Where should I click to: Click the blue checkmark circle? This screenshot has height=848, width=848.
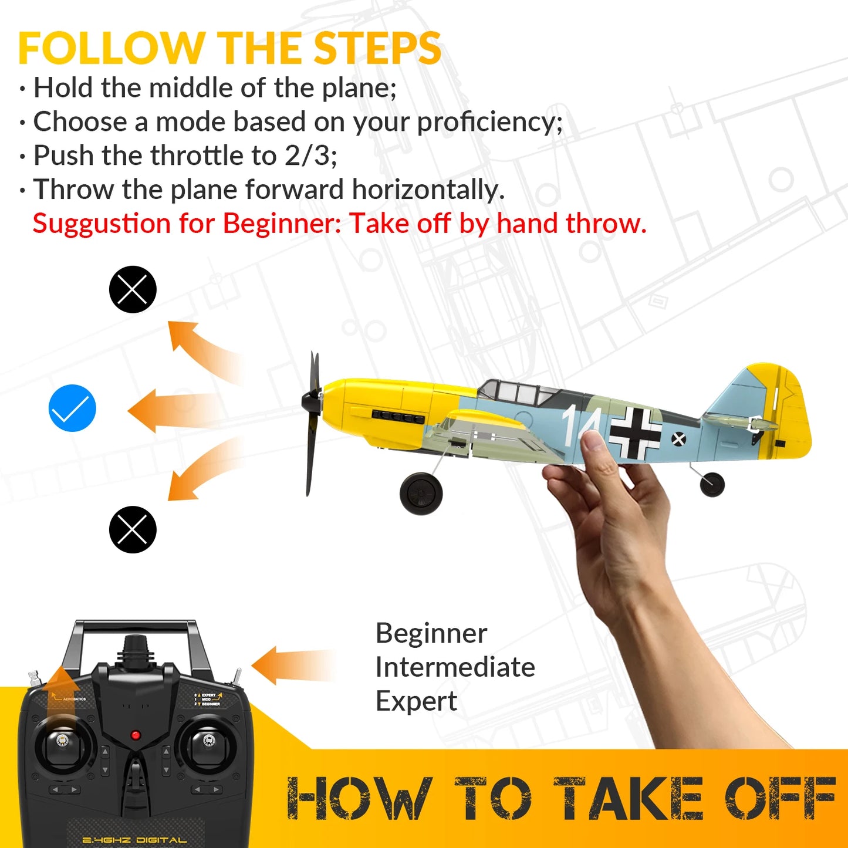tap(72, 408)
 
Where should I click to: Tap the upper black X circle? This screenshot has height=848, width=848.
tap(133, 289)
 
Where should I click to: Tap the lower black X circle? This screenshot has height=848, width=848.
tap(133, 529)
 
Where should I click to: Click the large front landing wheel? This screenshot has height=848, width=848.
tap(421, 494)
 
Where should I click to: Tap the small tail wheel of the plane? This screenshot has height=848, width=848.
tap(712, 484)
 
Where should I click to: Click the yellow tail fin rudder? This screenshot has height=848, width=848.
tap(789, 411)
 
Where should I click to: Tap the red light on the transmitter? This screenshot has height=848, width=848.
tap(136, 735)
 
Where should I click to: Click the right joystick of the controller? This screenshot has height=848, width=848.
tap(208, 742)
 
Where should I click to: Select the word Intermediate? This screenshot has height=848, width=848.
tap(455, 667)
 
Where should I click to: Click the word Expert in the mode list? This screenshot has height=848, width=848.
tap(416, 701)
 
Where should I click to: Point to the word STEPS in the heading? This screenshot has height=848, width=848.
tap(377, 48)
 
